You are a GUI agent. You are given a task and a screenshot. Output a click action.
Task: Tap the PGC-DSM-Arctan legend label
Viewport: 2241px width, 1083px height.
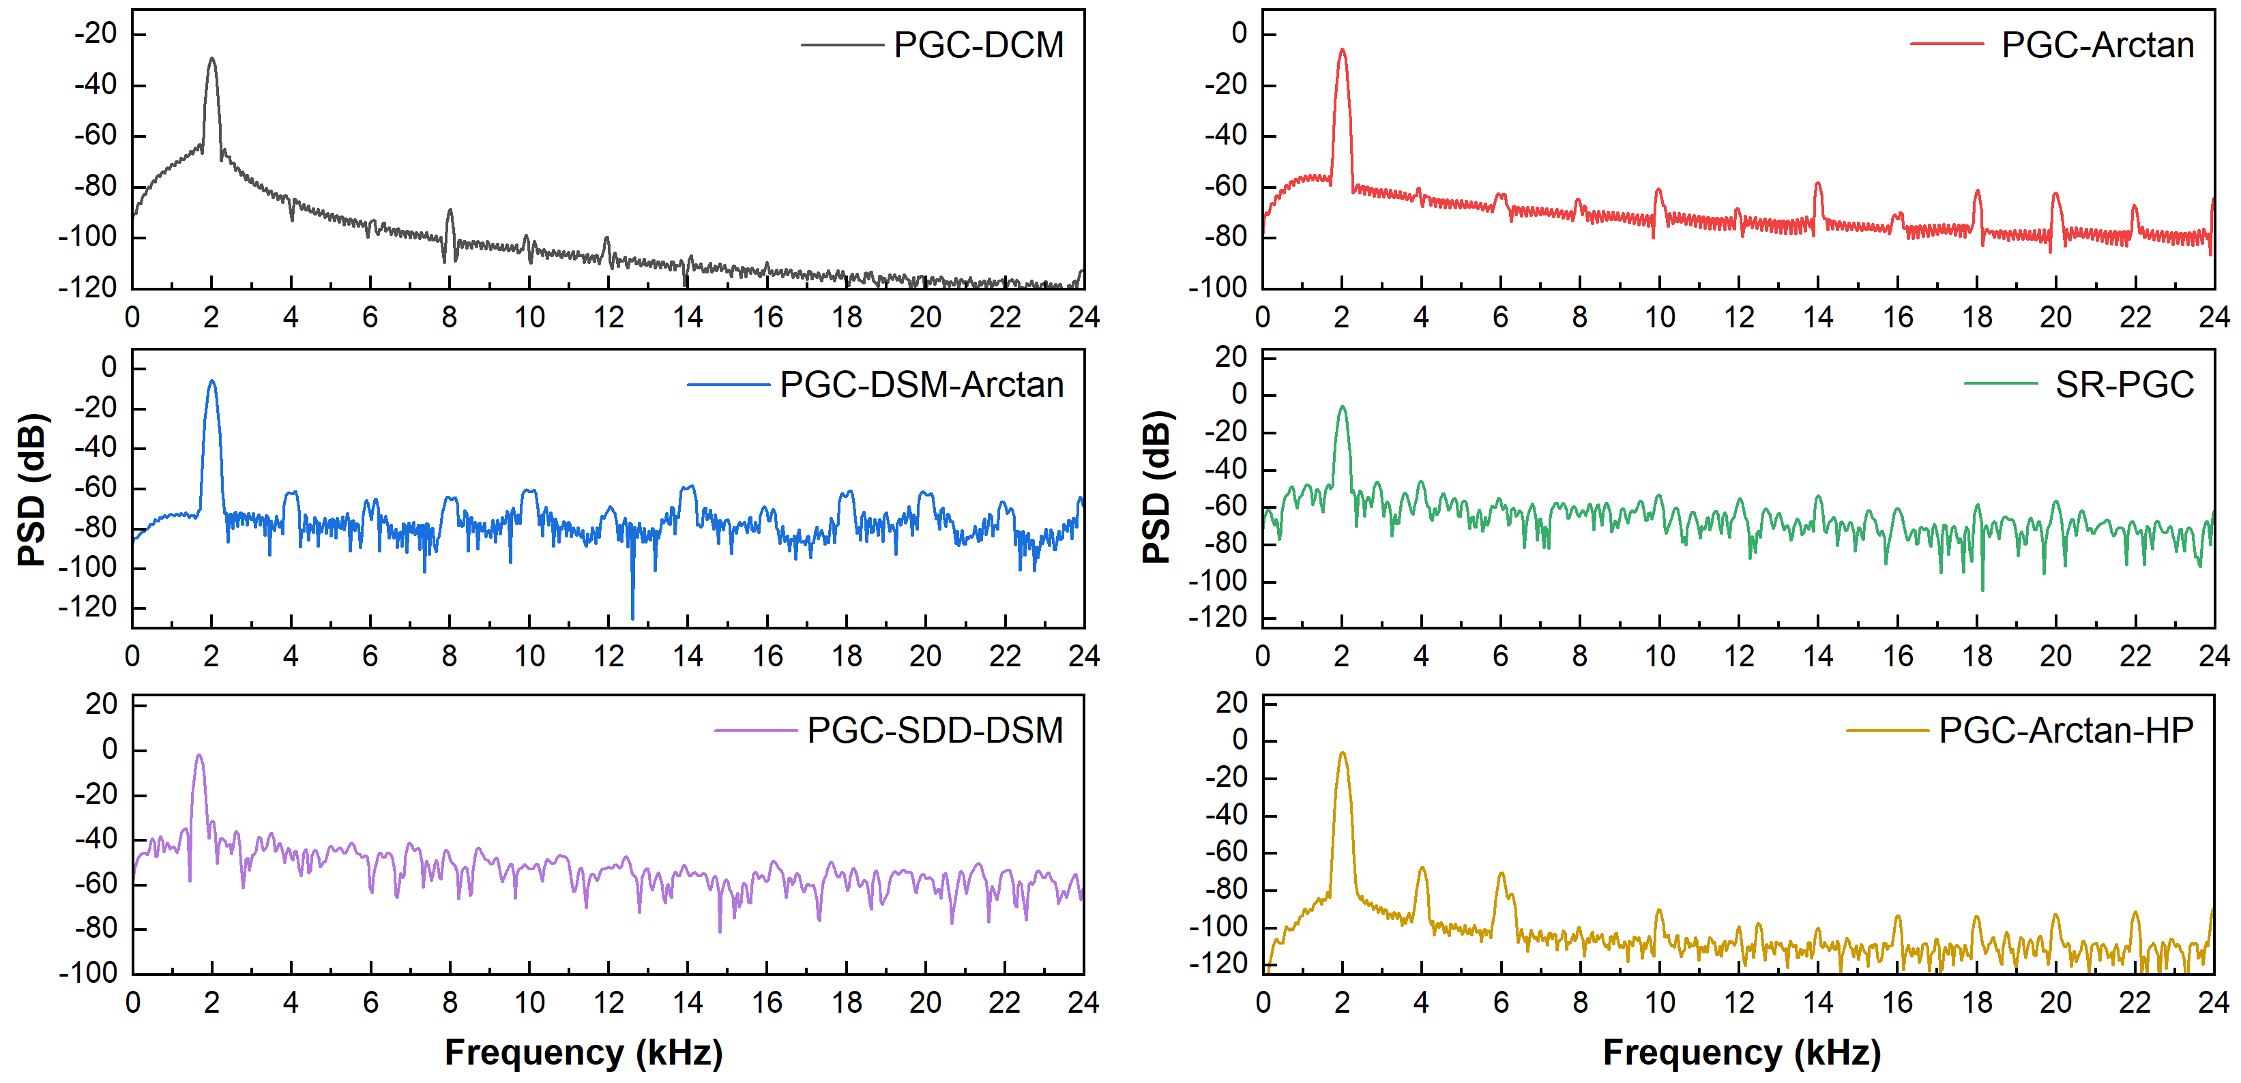pos(921,385)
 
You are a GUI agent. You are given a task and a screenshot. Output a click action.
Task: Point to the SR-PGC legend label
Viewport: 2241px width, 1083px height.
pos(2124,385)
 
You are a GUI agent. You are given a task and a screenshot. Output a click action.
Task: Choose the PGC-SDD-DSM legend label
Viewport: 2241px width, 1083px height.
pos(935,730)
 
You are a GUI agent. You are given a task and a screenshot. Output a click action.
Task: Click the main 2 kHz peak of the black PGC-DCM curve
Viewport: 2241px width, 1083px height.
pos(211,60)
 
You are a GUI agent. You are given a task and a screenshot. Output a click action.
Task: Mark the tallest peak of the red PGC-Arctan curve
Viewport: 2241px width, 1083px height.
pos(1343,50)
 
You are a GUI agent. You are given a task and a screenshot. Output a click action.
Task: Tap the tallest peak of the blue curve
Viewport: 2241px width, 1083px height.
pos(211,381)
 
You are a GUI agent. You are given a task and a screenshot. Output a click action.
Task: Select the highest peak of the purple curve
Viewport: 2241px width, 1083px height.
pos(199,756)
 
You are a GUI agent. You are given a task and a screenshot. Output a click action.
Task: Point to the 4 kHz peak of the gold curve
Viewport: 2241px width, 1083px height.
pos(1422,868)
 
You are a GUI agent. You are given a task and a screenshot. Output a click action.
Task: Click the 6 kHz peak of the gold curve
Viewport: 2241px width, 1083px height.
pos(1502,874)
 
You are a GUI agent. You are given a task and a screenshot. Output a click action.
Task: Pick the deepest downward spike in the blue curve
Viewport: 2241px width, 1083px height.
pos(632,618)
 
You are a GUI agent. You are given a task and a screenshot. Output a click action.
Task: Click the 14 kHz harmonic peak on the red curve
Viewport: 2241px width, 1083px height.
pos(1817,184)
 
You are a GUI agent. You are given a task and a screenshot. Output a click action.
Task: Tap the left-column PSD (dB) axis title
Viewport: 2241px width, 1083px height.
pos(32,490)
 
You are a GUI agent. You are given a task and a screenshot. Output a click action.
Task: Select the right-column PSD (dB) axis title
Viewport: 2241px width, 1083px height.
pos(1157,487)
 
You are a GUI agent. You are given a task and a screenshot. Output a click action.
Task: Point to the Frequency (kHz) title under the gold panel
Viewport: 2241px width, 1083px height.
pos(1742,1052)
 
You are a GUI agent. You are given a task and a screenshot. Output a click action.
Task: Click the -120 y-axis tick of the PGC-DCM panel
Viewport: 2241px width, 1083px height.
pos(87,287)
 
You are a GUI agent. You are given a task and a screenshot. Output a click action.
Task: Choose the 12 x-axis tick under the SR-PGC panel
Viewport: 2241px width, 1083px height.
pos(1739,656)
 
